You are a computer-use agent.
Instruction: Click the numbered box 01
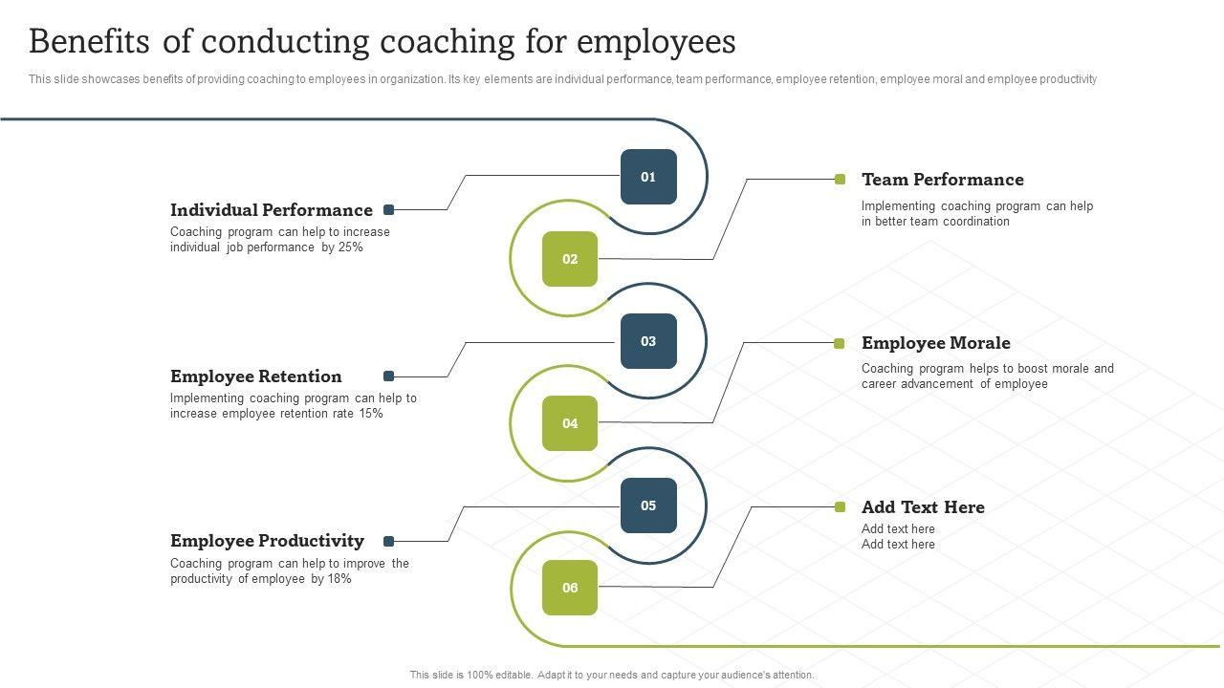648,177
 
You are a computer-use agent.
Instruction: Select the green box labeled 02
570,259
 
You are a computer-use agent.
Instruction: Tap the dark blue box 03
648,341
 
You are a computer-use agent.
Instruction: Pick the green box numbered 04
570,423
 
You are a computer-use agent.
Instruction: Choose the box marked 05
648,505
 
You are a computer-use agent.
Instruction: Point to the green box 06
570,588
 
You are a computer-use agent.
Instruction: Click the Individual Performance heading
272,210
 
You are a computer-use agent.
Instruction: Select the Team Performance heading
942,180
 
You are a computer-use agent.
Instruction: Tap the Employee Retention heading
255,376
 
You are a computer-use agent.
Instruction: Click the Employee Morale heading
935,343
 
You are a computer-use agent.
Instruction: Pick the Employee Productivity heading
267,541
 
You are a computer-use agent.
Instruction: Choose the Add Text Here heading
923,507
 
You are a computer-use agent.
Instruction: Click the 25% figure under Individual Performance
351,247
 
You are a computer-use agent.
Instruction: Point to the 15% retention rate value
371,414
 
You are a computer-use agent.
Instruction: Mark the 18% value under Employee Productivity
339,579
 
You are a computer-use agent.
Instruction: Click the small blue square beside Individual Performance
389,210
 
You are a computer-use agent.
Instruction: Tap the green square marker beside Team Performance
841,180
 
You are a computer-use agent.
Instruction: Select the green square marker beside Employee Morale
840,343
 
